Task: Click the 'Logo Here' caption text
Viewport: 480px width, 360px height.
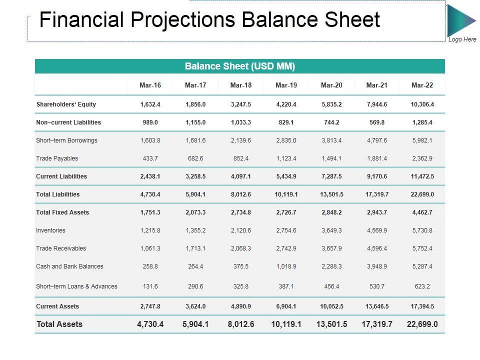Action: point(462,39)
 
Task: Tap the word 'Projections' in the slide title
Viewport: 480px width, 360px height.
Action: point(183,20)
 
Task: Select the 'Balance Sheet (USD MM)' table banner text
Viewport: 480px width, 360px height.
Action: point(240,66)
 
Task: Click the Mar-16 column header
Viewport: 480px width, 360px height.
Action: point(150,85)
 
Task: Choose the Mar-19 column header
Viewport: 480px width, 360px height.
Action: point(286,85)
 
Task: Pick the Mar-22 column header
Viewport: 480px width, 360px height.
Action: point(422,85)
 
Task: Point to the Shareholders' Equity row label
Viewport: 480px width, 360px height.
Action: point(66,104)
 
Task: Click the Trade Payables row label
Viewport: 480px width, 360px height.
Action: point(57,158)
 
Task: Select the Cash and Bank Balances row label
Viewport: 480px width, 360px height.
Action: point(69,266)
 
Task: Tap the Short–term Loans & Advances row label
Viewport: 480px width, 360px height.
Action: point(76,286)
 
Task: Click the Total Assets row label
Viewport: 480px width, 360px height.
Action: point(59,324)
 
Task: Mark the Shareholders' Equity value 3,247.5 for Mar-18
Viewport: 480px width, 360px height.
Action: point(241,104)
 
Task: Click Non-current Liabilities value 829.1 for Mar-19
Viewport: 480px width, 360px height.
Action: point(286,122)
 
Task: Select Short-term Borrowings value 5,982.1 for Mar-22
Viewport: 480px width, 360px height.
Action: point(422,140)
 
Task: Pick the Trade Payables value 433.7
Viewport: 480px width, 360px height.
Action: point(150,158)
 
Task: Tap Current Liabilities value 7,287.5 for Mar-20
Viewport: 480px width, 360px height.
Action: point(331,176)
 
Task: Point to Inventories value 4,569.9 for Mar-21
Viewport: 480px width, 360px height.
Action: point(377,230)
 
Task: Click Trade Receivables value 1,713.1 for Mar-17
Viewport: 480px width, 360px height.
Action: point(195,248)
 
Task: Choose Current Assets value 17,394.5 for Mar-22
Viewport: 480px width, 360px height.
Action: point(422,306)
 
